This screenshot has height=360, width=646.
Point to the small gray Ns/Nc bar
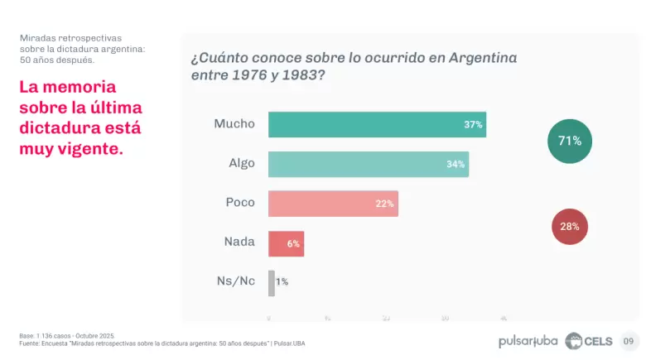pyautogui.click(x=271, y=282)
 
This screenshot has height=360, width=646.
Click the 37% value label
pyautogui.click(x=473, y=125)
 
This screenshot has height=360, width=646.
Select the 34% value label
pyautogui.click(x=456, y=164)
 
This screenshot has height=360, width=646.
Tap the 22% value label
pyautogui.click(x=384, y=204)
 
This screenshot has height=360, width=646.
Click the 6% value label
pyautogui.click(x=293, y=243)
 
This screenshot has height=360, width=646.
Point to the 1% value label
pyautogui.click(x=282, y=282)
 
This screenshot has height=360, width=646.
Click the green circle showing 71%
pyautogui.click(x=570, y=141)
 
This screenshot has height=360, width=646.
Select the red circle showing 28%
pyautogui.click(x=570, y=226)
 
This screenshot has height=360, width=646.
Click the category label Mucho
pyautogui.click(x=234, y=124)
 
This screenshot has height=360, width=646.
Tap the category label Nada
pyautogui.click(x=239, y=242)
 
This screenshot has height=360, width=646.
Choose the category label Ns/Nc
pyautogui.click(x=235, y=281)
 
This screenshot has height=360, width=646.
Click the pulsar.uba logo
pyautogui.click(x=528, y=341)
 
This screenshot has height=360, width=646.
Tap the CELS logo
pyautogui.click(x=589, y=341)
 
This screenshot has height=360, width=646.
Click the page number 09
pyautogui.click(x=629, y=341)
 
